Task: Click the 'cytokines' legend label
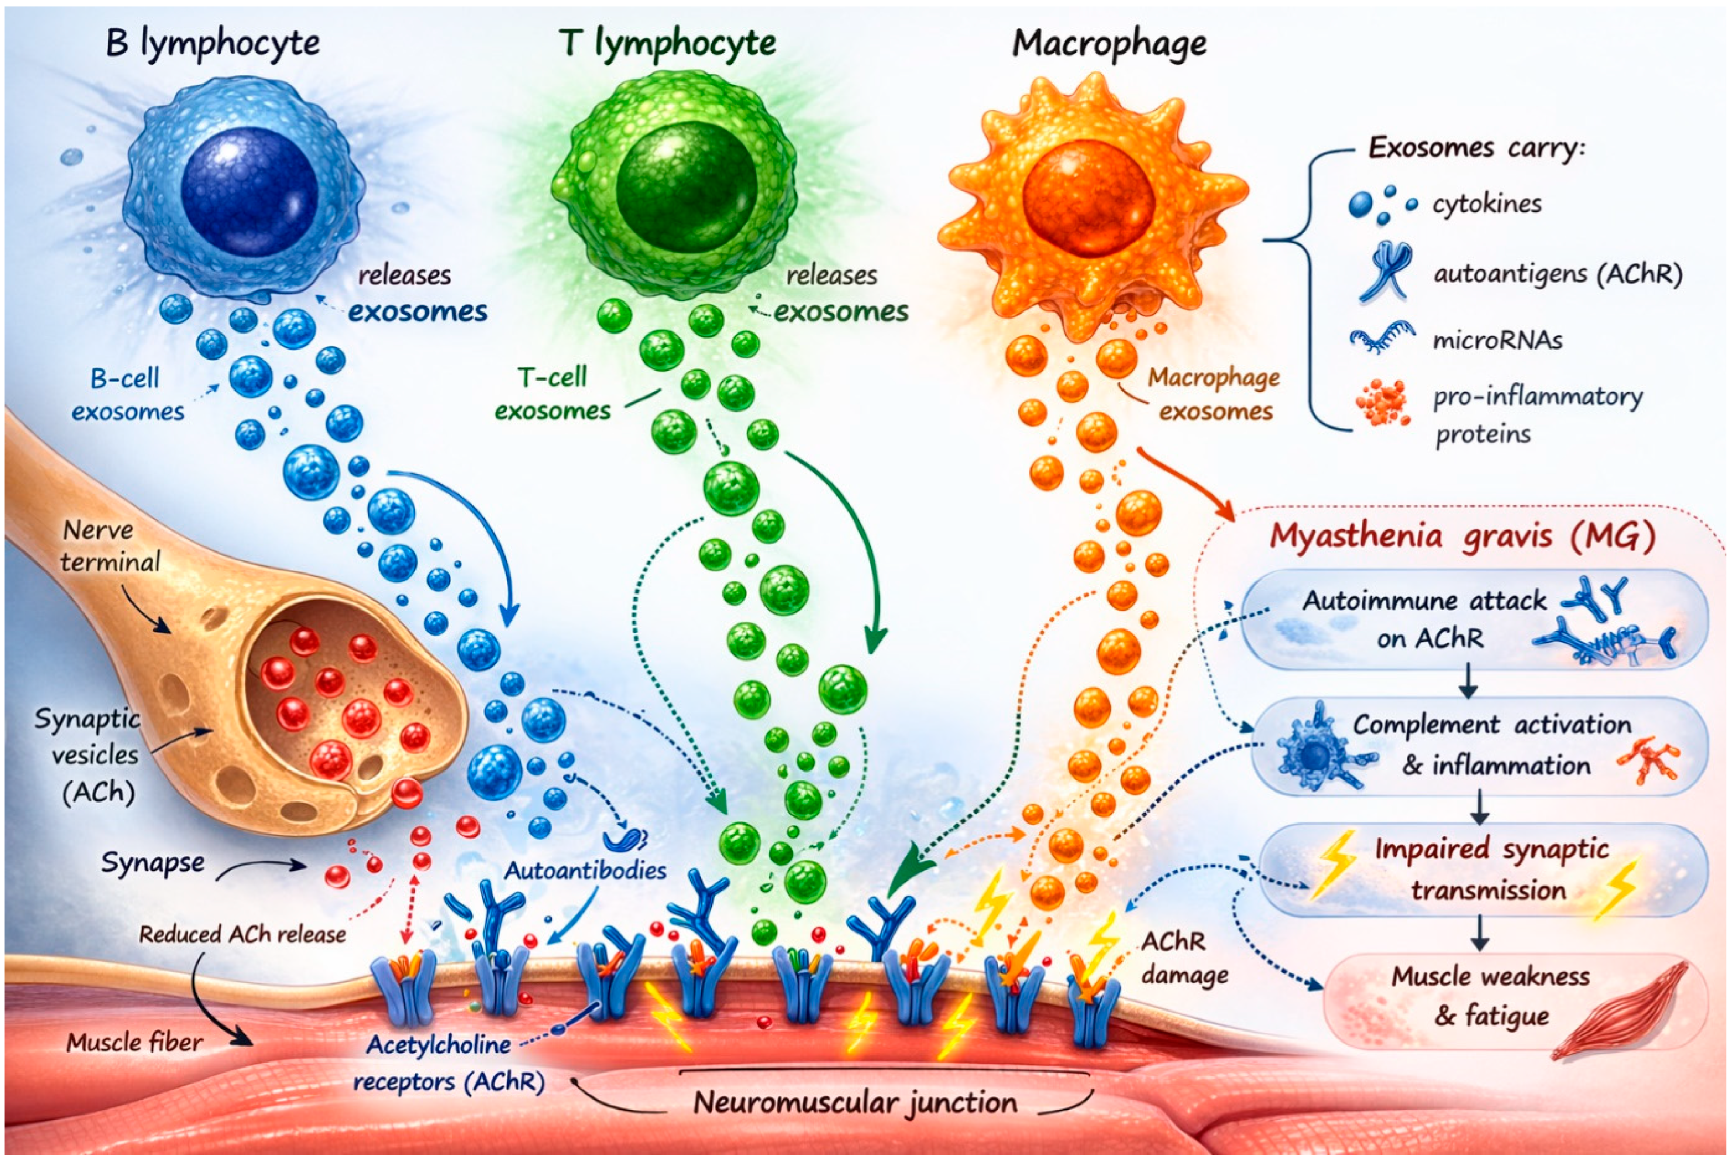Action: [x=1487, y=204]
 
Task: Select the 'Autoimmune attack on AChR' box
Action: [x=1474, y=619]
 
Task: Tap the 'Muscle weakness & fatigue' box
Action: [x=1489, y=996]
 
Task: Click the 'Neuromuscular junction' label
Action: [x=855, y=1102]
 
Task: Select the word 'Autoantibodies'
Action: [x=585, y=871]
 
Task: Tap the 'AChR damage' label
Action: [x=1184, y=959]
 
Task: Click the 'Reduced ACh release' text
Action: [x=242, y=934]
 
